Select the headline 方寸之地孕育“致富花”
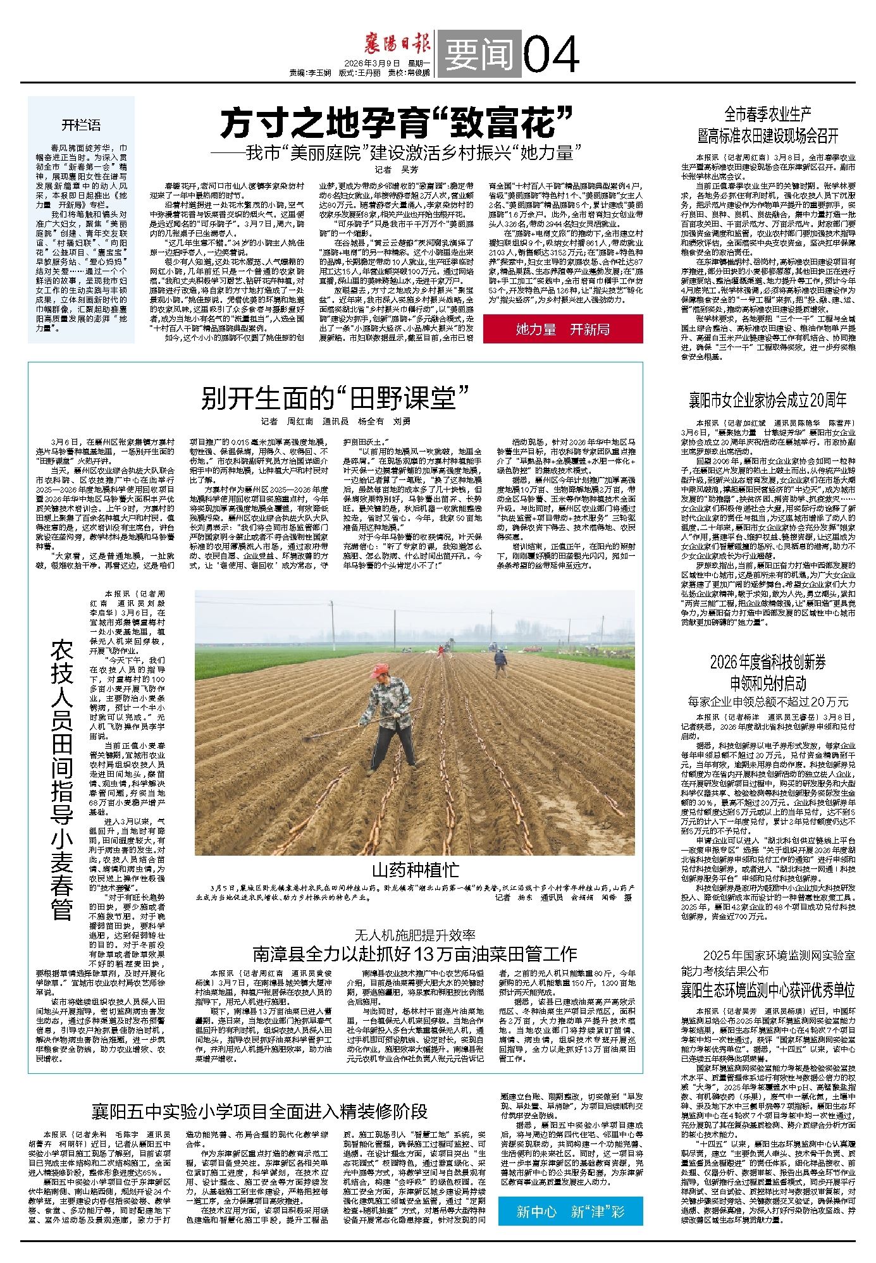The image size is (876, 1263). point(397,123)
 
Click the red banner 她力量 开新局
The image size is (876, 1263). point(562,329)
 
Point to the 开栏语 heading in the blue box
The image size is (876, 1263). point(81,125)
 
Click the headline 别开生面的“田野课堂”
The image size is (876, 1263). point(335,399)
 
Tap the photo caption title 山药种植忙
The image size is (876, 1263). point(414,871)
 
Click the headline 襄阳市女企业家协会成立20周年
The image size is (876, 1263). point(767,400)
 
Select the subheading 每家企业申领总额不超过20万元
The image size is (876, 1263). point(767,701)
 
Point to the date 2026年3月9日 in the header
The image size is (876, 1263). point(373,63)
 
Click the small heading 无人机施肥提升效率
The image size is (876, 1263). point(414,934)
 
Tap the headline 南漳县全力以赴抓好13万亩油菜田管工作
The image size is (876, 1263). point(414,953)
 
